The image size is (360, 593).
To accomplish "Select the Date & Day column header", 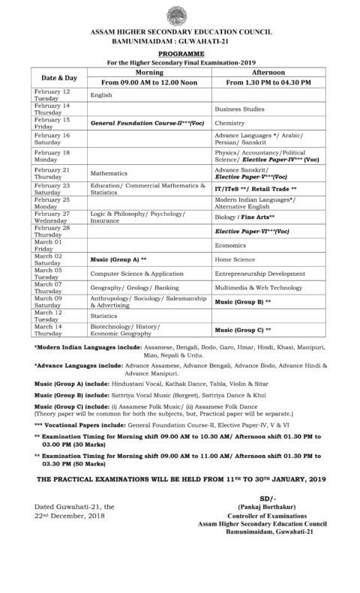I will (x=58, y=77).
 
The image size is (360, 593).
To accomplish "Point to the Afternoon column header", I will (x=273, y=71).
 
